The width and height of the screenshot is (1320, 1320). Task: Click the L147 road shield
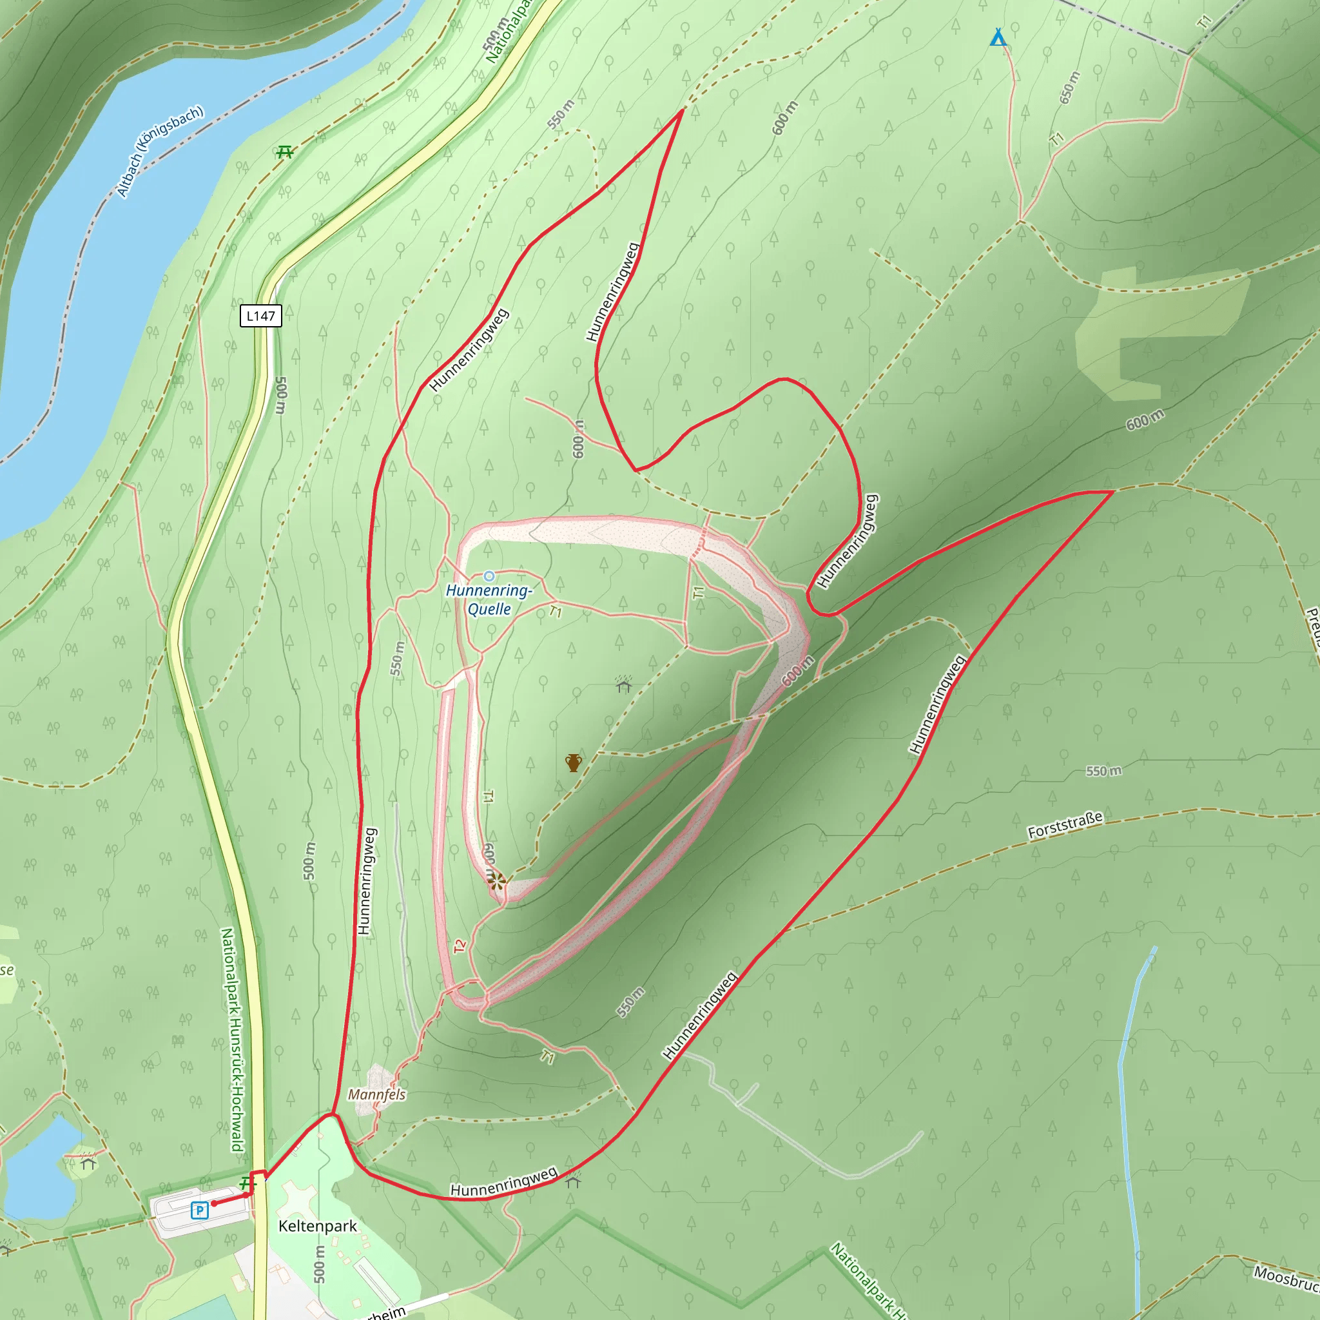coord(260,316)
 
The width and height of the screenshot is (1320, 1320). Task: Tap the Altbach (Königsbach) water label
coord(160,151)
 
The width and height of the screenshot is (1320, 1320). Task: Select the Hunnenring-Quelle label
coord(489,599)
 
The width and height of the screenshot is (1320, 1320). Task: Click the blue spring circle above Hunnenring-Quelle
coord(489,576)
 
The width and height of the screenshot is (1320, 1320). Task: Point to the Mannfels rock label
coord(376,1094)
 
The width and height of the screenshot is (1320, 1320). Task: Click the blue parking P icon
coord(200,1210)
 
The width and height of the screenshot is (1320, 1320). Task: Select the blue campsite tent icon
coord(998,37)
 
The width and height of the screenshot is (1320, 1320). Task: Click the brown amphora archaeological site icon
coord(572,763)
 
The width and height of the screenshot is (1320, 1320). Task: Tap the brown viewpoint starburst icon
coord(496,880)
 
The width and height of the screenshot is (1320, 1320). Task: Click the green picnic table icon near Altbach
coord(285,151)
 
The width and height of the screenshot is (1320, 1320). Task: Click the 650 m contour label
coord(1069,87)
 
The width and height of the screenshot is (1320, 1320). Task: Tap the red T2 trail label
coord(459,946)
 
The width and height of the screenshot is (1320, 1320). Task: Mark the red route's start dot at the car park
coord(214,1203)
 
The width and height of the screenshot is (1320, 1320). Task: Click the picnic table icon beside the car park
coord(246,1183)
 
